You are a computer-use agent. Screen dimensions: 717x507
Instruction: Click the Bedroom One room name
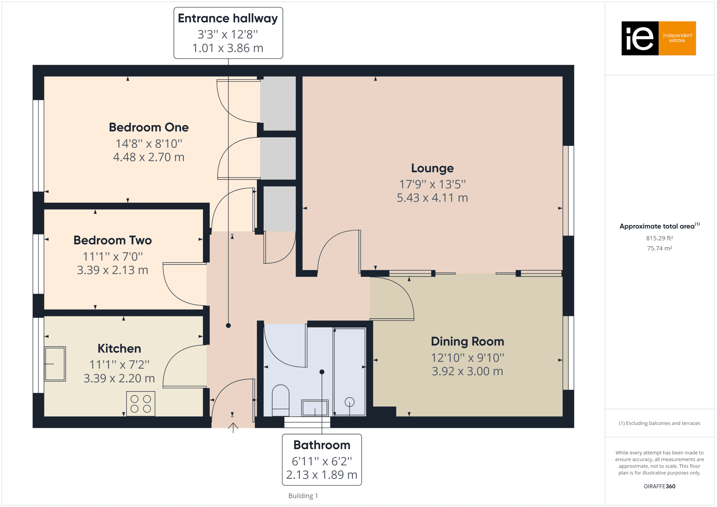[149, 127]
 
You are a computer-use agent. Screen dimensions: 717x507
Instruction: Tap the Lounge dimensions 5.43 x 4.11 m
[432, 198]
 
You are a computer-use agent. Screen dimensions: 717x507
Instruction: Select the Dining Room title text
[467, 341]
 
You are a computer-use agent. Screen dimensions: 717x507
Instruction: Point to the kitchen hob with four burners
[141, 403]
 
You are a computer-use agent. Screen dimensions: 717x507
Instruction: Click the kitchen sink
[55, 364]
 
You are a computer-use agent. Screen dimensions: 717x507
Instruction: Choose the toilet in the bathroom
[280, 400]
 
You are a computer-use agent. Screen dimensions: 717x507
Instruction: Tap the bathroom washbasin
[315, 408]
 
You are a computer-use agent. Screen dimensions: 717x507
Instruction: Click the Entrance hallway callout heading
[228, 18]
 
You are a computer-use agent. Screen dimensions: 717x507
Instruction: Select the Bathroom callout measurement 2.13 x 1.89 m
[322, 475]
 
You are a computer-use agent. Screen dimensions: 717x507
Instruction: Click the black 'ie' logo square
[640, 38]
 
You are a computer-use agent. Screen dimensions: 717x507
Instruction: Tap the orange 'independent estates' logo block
[677, 38]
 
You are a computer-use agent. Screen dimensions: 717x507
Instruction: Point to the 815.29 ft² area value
[660, 238]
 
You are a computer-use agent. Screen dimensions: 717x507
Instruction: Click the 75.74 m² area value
[660, 248]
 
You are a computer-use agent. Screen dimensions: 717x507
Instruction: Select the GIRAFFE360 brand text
[660, 486]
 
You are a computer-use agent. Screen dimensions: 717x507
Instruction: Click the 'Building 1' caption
[303, 496]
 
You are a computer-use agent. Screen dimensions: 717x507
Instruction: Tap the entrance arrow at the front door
[233, 428]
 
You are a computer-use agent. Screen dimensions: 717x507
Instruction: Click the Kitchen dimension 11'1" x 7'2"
[119, 365]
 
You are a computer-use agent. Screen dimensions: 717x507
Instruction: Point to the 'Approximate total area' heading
[660, 226]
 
